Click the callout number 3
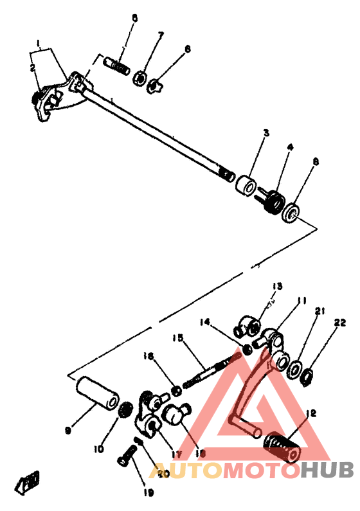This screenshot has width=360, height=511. tap(265, 132)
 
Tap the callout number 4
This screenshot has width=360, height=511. tap(290, 147)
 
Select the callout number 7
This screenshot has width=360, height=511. tap(161, 34)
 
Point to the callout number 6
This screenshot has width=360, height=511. tap(188, 49)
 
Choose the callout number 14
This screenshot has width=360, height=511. tap(204, 322)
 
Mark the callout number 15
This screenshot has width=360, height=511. tap(178, 338)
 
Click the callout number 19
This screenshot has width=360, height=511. tap(148, 493)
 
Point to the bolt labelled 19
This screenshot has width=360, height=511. tap(123, 460)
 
